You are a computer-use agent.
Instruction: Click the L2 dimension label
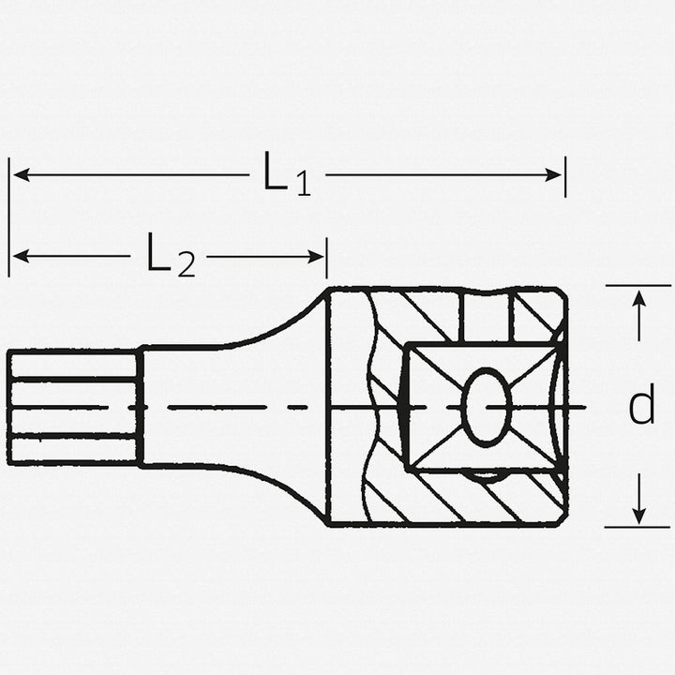(x=170, y=256)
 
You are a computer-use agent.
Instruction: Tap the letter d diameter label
(x=641, y=406)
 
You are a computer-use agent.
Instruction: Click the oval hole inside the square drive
(x=486, y=406)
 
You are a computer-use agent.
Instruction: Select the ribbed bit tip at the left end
(x=72, y=406)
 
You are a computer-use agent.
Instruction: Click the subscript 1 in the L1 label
(x=302, y=185)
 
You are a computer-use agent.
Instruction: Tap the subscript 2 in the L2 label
(x=186, y=266)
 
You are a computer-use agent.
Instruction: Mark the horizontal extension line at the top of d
(x=637, y=285)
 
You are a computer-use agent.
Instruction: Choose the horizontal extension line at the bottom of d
(x=637, y=527)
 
